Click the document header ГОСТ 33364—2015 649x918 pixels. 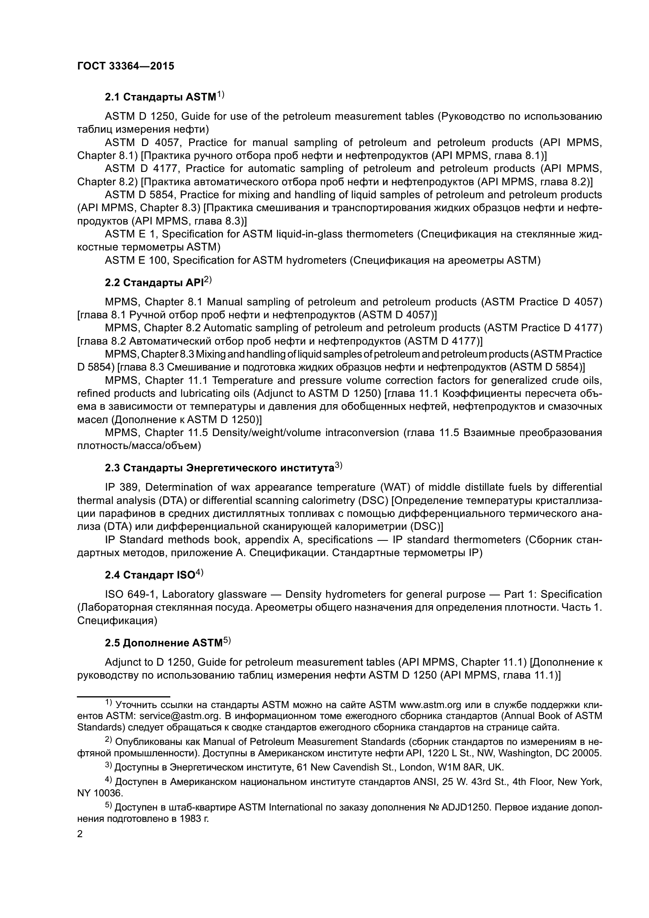click(126, 66)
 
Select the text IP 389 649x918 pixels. click(122, 487)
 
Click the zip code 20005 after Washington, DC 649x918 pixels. click(587, 753)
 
